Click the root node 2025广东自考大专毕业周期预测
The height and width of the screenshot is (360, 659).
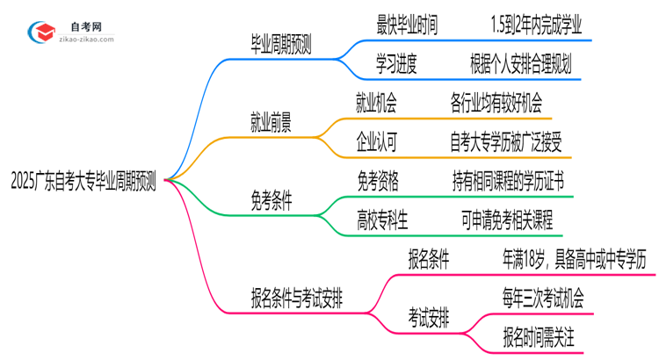pyautogui.click(x=83, y=182)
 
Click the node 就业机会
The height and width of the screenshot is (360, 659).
pyautogui.click(x=377, y=104)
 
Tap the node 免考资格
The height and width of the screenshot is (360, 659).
pyautogui.click(x=378, y=181)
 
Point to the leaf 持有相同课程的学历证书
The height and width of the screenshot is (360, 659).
pyautogui.click(x=507, y=181)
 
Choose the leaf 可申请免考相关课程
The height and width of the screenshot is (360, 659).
pyautogui.click(x=507, y=219)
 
